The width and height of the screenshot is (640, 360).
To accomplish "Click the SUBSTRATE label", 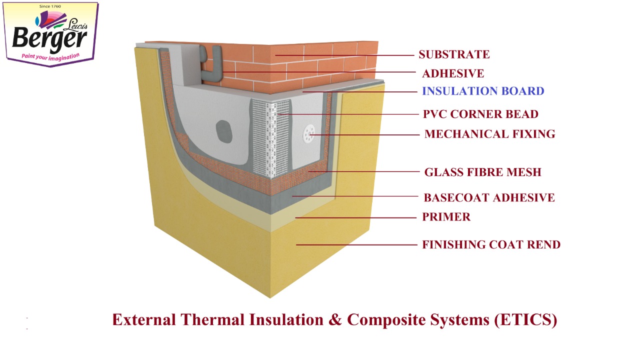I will (454, 54).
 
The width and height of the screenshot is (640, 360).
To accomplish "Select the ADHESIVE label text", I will (453, 73).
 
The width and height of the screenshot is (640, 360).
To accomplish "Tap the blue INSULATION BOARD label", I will (483, 91).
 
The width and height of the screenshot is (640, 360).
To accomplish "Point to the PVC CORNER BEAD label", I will (480, 114).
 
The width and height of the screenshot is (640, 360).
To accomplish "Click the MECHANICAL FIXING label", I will (489, 134).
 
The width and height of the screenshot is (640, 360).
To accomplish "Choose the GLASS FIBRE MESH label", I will (482, 172).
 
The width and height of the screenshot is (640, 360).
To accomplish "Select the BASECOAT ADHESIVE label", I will (489, 197).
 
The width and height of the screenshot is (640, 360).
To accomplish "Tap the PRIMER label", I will (446, 217).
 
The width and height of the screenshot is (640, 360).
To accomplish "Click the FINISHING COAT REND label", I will (491, 244).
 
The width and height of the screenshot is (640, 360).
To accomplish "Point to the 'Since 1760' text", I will (50, 6).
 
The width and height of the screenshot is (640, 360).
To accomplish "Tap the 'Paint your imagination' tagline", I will (50, 56).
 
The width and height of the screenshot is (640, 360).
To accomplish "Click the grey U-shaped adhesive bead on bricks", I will (211, 65).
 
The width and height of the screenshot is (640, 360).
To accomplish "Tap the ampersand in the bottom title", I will (335, 319).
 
